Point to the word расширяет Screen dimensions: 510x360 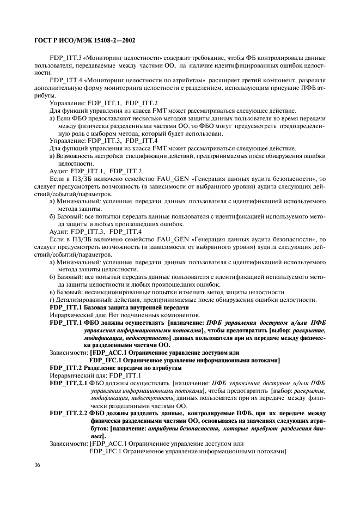click(229, 80)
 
